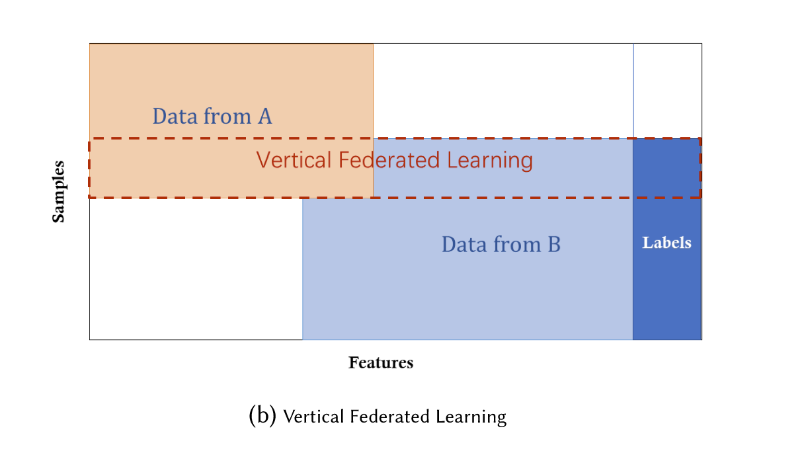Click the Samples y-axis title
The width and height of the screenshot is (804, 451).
[x=59, y=192]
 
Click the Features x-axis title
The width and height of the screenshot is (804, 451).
[x=381, y=363]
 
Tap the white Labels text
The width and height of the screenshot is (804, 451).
[x=666, y=243]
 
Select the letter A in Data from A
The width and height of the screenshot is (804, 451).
[x=264, y=116]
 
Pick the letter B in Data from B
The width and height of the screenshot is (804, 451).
[x=553, y=245]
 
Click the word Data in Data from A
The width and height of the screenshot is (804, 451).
[x=175, y=116]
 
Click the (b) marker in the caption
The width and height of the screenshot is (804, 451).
[x=262, y=416]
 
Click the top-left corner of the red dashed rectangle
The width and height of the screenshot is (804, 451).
[x=90, y=139]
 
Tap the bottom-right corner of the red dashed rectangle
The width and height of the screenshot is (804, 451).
[x=700, y=197]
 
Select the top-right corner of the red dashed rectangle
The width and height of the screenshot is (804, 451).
[x=700, y=139]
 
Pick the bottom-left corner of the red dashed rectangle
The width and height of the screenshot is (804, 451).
[x=90, y=197]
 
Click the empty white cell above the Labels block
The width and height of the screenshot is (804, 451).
[x=667, y=90]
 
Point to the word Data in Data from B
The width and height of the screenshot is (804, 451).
[x=463, y=245]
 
